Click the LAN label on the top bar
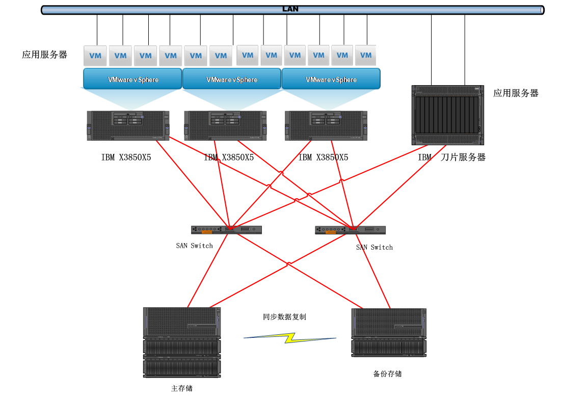pos(290,9)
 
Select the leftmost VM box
pos(95,56)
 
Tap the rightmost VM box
pos(365,55)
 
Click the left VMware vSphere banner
pos(132,79)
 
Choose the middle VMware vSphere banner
pos(231,79)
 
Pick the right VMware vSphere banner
pos(331,79)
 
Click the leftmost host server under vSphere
pos(128,125)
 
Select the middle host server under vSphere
pos(225,125)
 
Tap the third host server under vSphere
pos(326,125)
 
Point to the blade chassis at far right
pos(447,115)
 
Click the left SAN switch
pos(226,230)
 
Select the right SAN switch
pos(350,230)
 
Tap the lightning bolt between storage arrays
pos(289,337)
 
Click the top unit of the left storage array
pos(181,322)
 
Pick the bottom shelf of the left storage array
pos(181,367)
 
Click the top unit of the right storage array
pos(388,323)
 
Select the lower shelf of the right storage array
pos(388,347)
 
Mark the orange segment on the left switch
pos(207,231)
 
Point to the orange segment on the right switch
pos(331,231)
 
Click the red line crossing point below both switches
pos(288,264)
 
